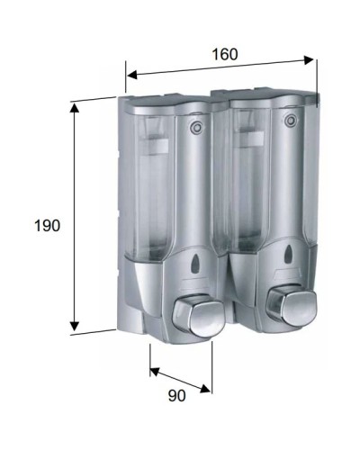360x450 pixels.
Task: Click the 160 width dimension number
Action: pyautogui.click(x=225, y=54)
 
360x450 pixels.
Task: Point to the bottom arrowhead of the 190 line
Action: pyautogui.click(x=75, y=328)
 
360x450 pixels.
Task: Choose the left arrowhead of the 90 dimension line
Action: pyautogui.click(x=154, y=370)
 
